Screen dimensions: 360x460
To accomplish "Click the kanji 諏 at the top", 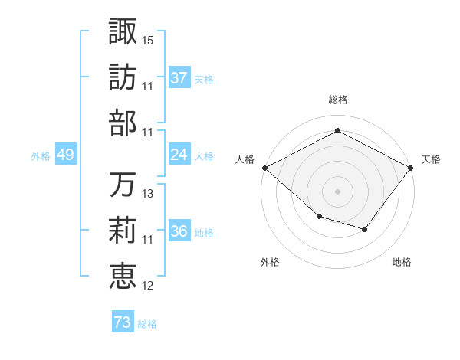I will pos(123,31).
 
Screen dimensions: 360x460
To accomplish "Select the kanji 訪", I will pos(123,78).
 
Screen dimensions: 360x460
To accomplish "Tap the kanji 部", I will pos(123,124).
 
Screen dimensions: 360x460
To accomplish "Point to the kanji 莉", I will pos(123,231).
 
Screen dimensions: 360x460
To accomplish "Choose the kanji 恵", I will pos(123,277).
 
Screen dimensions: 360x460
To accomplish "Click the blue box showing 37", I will pos(179,77).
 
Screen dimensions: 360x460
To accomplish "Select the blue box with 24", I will pos(179,155).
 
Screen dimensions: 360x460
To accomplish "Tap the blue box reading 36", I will pos(179,231).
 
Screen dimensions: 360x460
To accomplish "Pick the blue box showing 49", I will pos(65,155).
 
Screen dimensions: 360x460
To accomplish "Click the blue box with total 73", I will pos(123,322).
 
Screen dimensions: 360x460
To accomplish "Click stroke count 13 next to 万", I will pos(148,194).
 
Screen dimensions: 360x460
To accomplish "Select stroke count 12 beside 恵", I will pos(148,286).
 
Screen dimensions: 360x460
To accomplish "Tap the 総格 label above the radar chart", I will pos(337,100).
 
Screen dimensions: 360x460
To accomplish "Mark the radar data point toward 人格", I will pos(264,168).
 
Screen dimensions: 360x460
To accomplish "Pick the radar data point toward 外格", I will pos(319,217).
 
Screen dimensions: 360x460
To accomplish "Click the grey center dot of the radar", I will pos(337,191).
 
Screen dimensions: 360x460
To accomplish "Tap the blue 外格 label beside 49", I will pos(41,155).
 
